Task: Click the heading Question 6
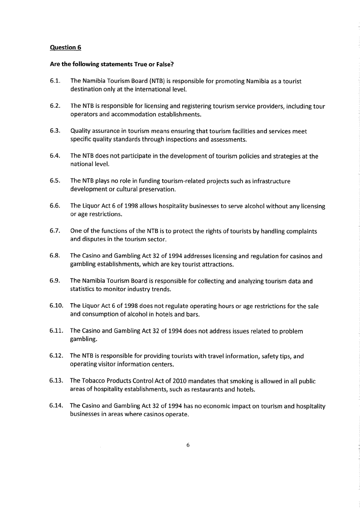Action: coord(65,47)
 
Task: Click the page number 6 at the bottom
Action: coord(187,445)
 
